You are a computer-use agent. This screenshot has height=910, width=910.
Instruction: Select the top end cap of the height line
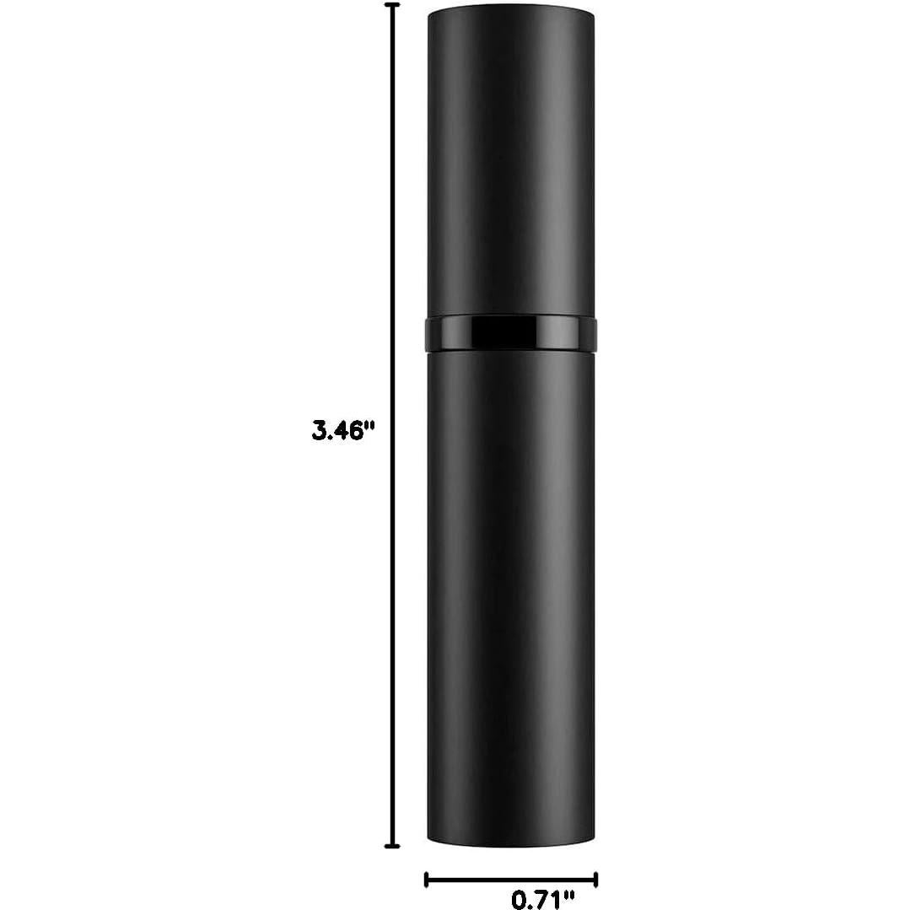coord(391,5)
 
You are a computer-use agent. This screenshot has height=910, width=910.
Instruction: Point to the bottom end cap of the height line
coord(391,846)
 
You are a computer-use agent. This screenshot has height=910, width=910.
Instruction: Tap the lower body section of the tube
coord(512,590)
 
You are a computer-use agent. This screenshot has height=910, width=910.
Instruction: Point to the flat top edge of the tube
coord(512,8)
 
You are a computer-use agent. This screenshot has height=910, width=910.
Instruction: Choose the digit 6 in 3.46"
coord(358,432)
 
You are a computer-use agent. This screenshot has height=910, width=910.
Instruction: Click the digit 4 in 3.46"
coord(342,432)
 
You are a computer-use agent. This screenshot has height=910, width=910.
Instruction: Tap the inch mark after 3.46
coord(369,426)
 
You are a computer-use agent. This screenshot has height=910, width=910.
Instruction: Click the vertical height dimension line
coord(391,253)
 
